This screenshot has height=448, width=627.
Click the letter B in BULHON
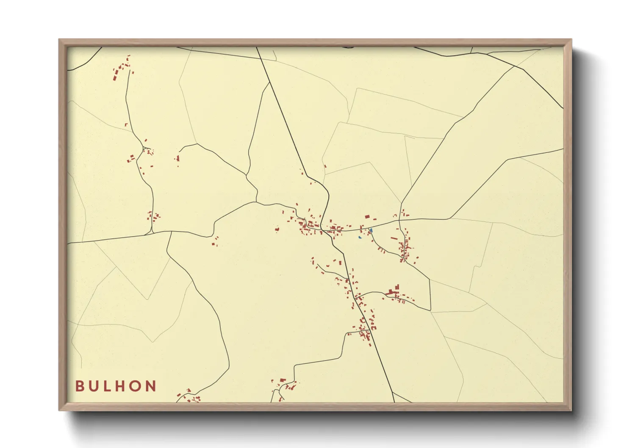[79, 386]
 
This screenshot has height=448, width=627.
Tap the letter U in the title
[93, 386]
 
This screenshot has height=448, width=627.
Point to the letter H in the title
[121, 386]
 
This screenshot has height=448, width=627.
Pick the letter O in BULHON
[136, 386]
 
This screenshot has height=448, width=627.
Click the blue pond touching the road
[371, 230]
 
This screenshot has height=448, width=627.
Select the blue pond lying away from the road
[360, 237]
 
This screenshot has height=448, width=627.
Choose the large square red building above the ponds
[367, 217]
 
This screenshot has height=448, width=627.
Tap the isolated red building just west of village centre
[277, 230]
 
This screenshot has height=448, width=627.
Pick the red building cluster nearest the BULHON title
[188, 395]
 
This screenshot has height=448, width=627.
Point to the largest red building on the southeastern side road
[391, 292]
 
